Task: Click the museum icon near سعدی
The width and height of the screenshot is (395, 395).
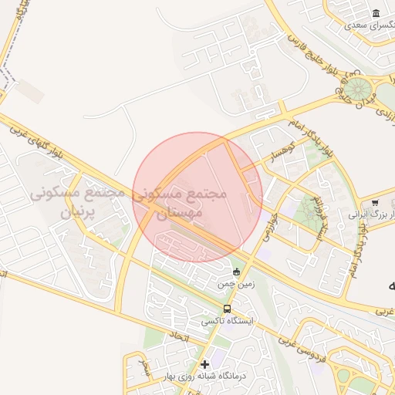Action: (x=376, y=14)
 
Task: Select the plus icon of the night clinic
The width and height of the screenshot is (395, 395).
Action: (x=204, y=364)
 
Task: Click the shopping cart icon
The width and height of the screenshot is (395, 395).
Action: (x=375, y=203)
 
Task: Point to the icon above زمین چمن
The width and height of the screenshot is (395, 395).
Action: (x=237, y=272)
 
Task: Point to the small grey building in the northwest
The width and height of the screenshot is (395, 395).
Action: (x=29, y=91)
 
